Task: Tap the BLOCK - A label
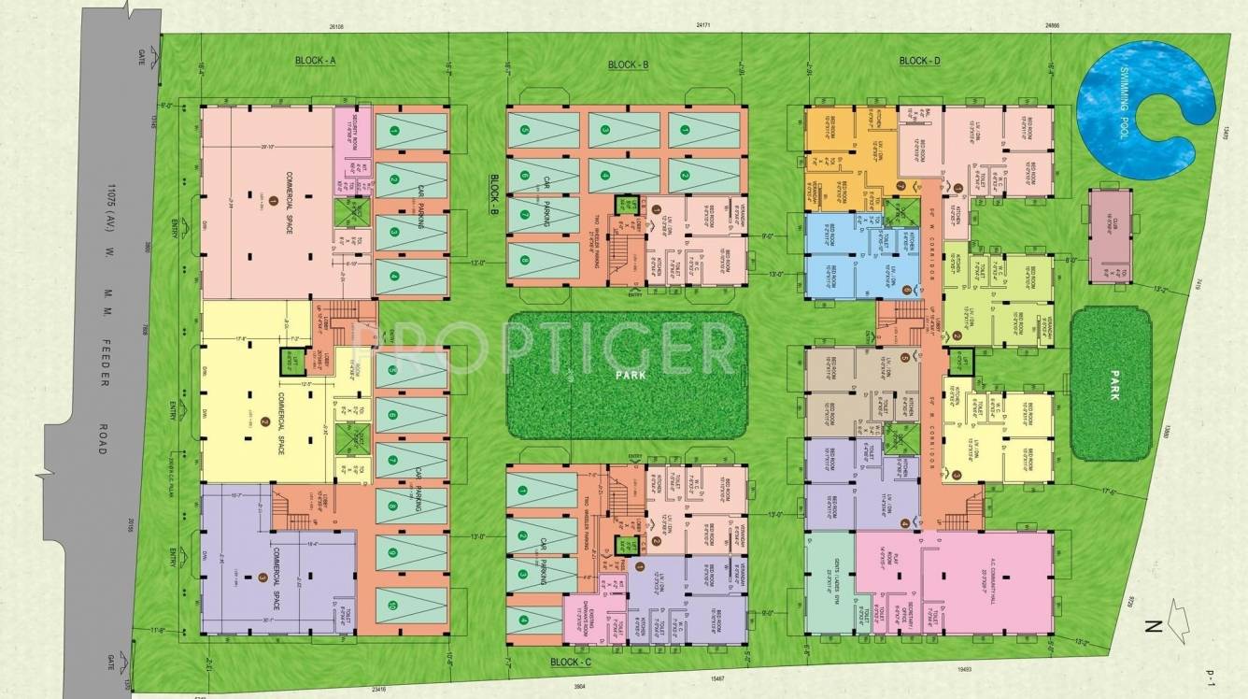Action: click(315, 61)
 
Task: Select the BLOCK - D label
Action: click(919, 61)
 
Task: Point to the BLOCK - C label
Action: click(571, 662)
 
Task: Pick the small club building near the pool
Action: click(1109, 236)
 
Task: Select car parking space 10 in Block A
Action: click(411, 606)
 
